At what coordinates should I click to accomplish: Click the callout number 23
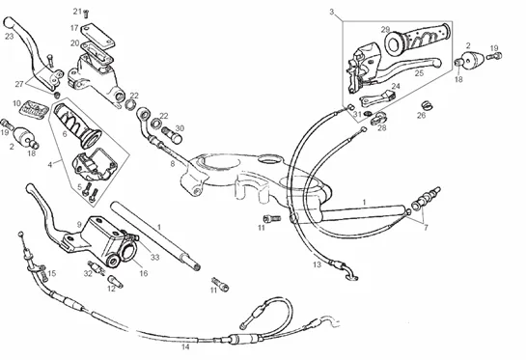9,36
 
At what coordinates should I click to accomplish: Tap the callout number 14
185,346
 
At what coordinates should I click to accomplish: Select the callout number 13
317,264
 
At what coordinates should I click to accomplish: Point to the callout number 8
173,164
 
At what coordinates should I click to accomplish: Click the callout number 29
385,30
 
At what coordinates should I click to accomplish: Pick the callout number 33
154,258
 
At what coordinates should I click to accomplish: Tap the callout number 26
422,116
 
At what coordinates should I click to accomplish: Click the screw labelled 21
86,14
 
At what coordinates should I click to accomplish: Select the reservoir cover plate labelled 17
97,34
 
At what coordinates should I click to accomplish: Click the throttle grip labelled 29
417,38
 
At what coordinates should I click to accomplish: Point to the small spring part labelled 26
428,105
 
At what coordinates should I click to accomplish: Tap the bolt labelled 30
172,134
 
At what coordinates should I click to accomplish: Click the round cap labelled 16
128,252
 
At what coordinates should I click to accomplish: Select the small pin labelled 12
116,282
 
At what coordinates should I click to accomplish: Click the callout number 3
332,13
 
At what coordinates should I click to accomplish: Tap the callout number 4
50,165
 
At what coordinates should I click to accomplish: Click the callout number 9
79,225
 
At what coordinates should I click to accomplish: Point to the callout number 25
419,72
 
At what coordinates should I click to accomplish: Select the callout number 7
426,228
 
